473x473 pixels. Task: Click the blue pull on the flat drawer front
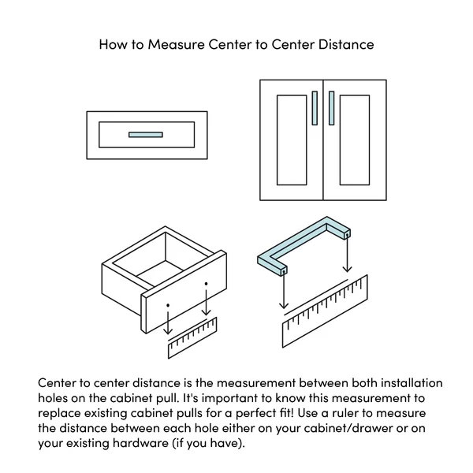(x=145, y=135)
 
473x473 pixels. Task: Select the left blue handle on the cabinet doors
(x=315, y=108)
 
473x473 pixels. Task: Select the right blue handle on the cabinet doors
(x=333, y=108)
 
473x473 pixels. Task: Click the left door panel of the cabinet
(x=293, y=142)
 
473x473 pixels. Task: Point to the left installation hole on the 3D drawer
(x=169, y=304)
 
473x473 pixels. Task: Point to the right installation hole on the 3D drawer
(x=206, y=284)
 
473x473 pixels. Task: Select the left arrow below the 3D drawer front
(x=169, y=320)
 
